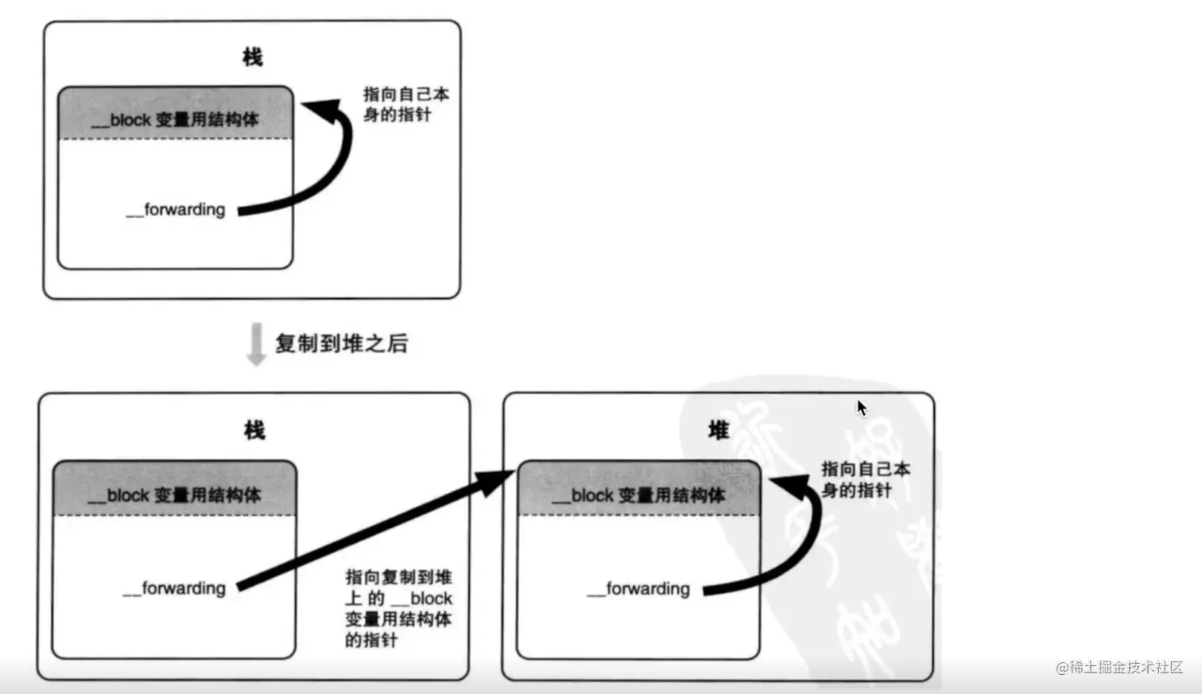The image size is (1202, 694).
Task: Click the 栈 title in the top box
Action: click(252, 57)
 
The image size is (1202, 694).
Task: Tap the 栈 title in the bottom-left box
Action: click(254, 431)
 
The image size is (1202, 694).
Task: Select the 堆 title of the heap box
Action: click(719, 431)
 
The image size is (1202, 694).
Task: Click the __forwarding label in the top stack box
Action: click(176, 210)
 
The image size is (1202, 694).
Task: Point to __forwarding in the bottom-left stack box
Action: click(174, 588)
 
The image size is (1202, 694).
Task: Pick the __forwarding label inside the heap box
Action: click(638, 589)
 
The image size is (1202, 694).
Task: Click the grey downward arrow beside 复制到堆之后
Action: click(256, 344)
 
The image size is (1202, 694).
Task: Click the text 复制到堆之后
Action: click(341, 343)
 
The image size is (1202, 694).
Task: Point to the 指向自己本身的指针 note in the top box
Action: click(405, 104)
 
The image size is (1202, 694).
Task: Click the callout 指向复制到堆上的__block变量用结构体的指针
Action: click(398, 608)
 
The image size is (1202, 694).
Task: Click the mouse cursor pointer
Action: click(862, 408)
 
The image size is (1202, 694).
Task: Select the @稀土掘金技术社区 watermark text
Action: click(1119, 668)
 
